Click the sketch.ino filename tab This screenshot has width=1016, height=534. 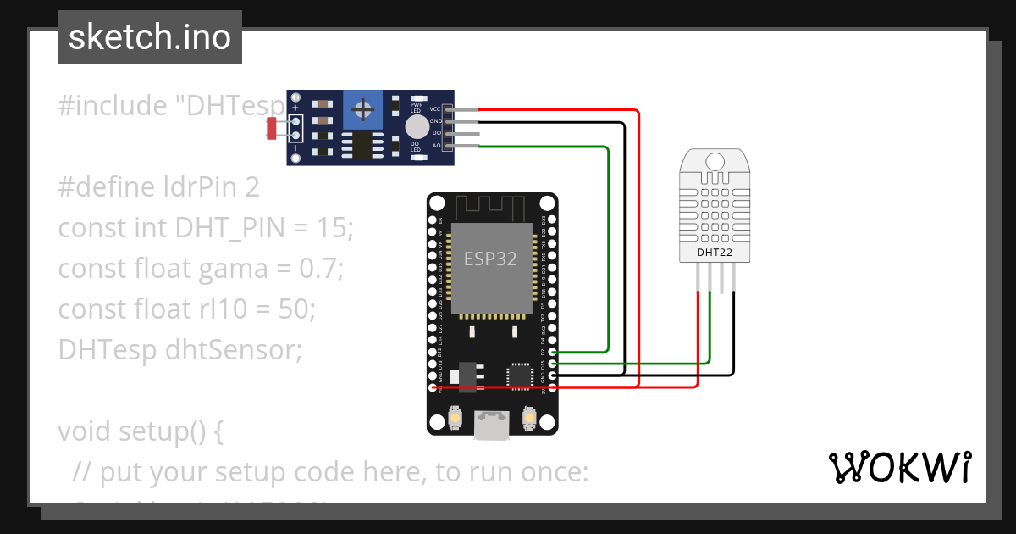(x=149, y=37)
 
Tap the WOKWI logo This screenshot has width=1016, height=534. (x=899, y=467)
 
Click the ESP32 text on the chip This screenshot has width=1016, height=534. (x=490, y=259)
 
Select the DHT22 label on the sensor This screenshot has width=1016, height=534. (x=715, y=252)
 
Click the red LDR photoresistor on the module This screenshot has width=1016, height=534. (x=272, y=128)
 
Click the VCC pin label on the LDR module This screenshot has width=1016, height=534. (x=435, y=109)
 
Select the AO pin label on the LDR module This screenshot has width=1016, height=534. (x=436, y=146)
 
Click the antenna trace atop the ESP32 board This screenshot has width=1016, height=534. (x=491, y=206)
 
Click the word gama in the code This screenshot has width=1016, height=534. (x=244, y=269)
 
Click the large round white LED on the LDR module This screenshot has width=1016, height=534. (x=416, y=127)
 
